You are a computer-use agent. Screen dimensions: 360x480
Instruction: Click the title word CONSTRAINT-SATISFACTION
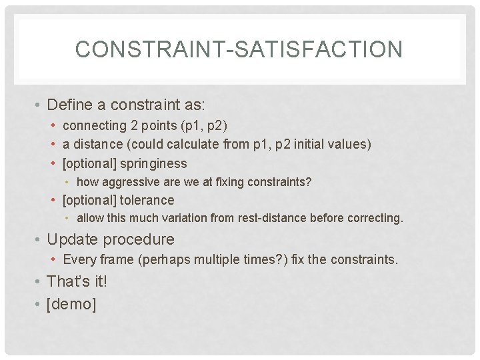[x=239, y=49]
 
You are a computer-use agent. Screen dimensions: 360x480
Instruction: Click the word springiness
[x=153, y=163]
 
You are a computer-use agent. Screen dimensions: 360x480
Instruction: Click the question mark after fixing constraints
[x=308, y=181]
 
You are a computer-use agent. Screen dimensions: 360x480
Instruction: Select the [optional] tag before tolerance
[x=89, y=200]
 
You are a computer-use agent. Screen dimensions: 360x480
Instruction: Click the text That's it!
[x=77, y=281]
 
